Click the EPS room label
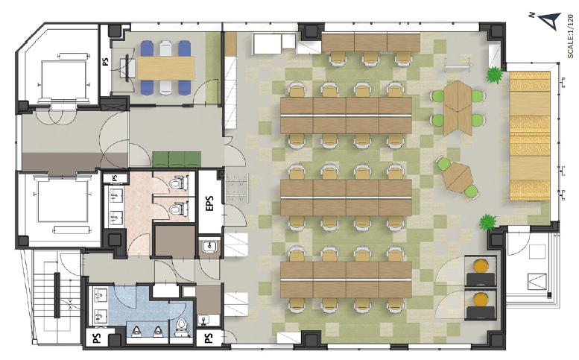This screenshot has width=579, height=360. click(209, 203)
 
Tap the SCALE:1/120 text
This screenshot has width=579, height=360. click(571, 37)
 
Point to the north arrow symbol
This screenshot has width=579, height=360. click(551, 20)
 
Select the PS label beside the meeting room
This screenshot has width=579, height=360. click(106, 61)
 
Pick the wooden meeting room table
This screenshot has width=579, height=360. click(165, 68)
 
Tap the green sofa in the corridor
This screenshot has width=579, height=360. click(177, 160)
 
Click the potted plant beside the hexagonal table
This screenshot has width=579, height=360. click(494, 75)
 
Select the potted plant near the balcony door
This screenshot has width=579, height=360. click(488, 223)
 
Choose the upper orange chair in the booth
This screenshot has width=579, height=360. click(481, 266)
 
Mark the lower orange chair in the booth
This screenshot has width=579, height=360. click(481, 300)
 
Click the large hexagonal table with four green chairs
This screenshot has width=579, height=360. click(458, 108)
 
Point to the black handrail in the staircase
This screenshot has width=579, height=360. click(57, 295)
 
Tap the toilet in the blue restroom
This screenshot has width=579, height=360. click(181, 326)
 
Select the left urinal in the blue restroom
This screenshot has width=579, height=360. click(136, 331)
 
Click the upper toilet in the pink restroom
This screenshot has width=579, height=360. click(177, 183)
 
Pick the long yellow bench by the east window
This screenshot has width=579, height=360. click(530, 136)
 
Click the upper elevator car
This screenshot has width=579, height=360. click(63, 79)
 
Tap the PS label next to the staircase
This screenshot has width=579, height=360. click(97, 338)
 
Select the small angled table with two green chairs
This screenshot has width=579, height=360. click(458, 177)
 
